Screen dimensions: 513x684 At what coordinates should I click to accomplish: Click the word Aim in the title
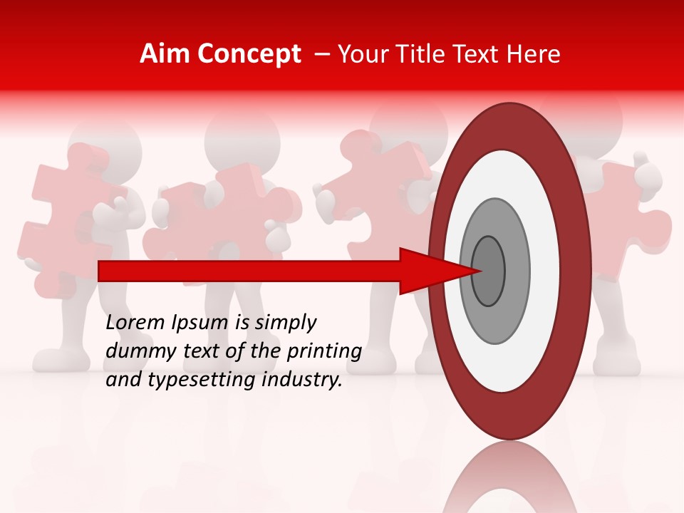165,54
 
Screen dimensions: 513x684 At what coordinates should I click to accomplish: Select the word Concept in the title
249,54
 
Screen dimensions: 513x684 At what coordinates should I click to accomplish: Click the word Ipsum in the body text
201,323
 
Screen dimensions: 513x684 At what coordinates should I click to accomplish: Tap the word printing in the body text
323,351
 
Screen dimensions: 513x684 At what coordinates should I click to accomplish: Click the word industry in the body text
304,380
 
